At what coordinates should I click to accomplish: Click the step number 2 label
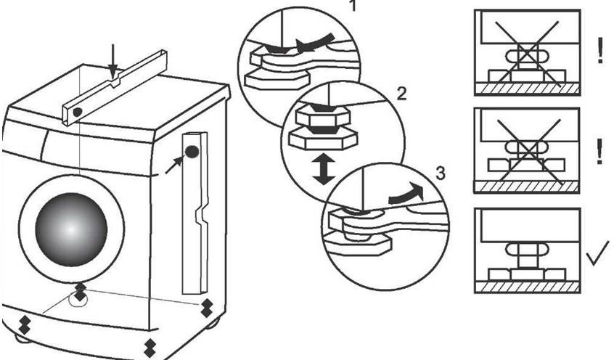point(402,94)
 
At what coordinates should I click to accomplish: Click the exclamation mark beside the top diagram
point(599,52)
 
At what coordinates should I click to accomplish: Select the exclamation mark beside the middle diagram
point(599,152)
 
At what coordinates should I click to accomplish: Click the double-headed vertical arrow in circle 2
point(324,168)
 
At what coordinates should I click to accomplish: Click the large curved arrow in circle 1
point(316,41)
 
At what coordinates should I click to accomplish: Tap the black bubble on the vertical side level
point(192,152)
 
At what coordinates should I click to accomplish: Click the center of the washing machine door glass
point(71,229)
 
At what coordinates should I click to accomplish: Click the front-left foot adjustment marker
point(24,323)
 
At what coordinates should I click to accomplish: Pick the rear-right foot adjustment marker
point(207,306)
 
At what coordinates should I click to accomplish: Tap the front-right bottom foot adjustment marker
point(150,347)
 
